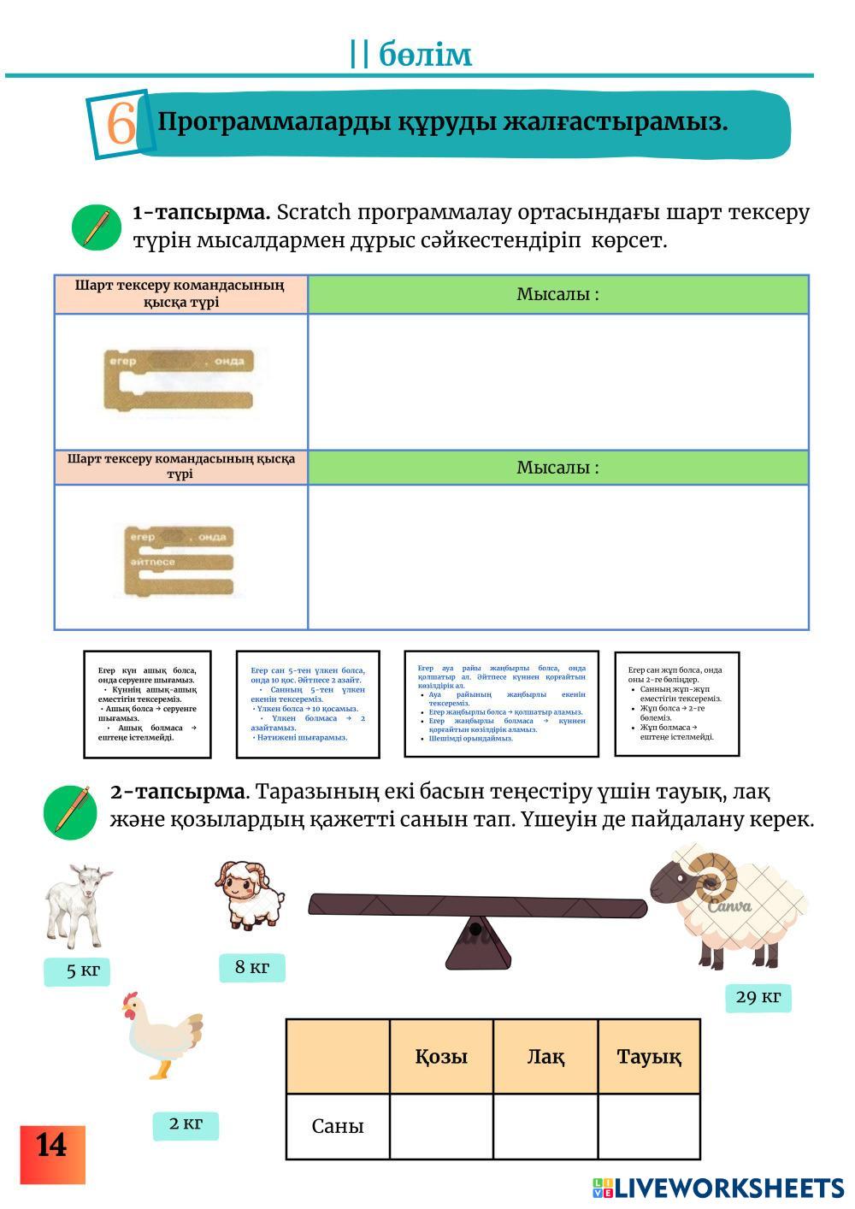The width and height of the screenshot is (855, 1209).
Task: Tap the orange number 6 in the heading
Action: (x=121, y=124)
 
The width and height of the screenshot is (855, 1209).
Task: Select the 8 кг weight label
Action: (x=251, y=967)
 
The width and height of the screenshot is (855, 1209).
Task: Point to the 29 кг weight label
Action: (x=758, y=997)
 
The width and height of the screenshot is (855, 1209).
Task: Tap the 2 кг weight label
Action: (x=186, y=1123)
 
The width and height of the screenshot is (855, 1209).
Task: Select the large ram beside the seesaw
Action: (x=730, y=906)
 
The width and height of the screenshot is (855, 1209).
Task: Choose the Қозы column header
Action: (x=441, y=1057)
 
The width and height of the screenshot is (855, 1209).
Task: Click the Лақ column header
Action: (x=545, y=1057)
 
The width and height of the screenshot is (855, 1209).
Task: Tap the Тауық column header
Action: (x=649, y=1057)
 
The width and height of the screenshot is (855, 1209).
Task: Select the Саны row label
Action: (x=338, y=1126)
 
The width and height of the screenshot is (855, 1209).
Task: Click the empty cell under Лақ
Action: (x=545, y=1126)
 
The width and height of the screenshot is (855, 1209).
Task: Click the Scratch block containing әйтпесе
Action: (x=180, y=561)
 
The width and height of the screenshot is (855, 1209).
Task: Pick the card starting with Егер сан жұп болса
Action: (x=676, y=704)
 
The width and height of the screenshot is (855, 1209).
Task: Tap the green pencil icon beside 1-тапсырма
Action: (x=97, y=227)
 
